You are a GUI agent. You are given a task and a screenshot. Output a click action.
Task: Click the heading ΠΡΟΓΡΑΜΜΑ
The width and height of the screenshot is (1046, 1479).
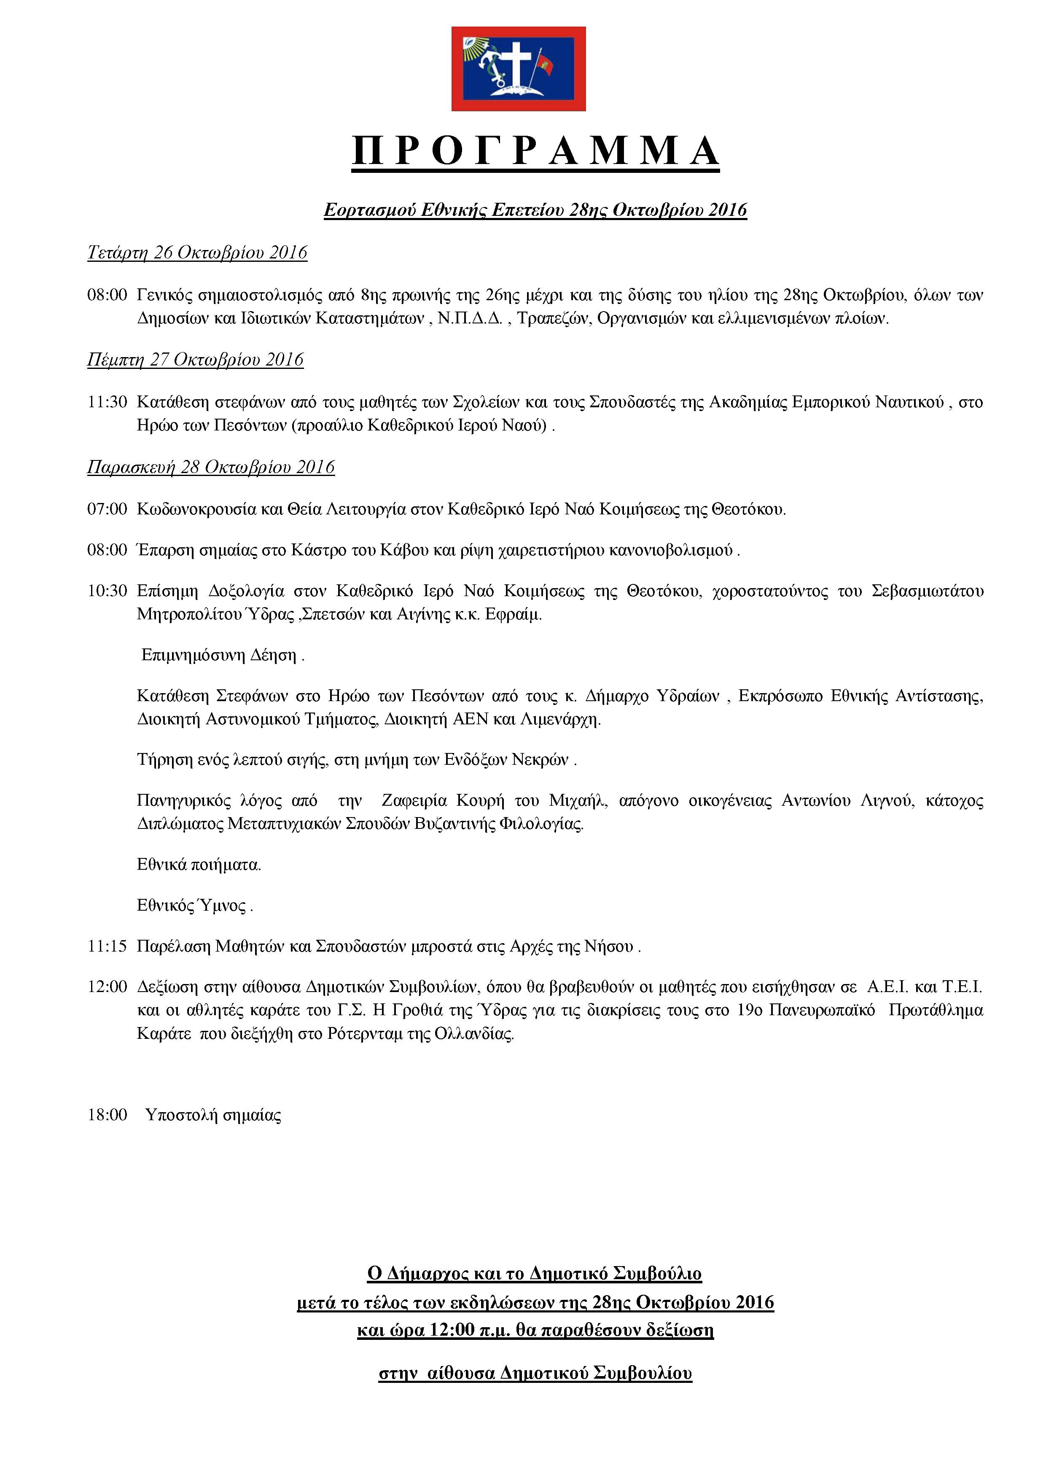535,151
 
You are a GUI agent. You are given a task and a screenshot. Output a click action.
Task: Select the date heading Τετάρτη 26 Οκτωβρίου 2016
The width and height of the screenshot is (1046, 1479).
197,253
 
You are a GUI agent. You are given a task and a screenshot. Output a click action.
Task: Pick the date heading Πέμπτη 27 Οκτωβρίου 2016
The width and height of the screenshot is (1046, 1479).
195,360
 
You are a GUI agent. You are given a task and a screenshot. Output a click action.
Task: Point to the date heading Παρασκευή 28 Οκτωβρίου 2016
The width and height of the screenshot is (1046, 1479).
211,467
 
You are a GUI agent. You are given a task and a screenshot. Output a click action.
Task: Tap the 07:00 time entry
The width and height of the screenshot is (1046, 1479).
107,510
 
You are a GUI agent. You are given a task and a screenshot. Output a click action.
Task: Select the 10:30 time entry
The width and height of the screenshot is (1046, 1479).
107,592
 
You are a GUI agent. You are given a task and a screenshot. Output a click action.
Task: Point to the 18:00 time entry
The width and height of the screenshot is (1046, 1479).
107,1115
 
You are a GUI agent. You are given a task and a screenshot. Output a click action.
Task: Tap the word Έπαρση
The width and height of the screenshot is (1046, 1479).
159,551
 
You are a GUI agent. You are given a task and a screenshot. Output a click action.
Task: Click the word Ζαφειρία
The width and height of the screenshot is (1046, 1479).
414,801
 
